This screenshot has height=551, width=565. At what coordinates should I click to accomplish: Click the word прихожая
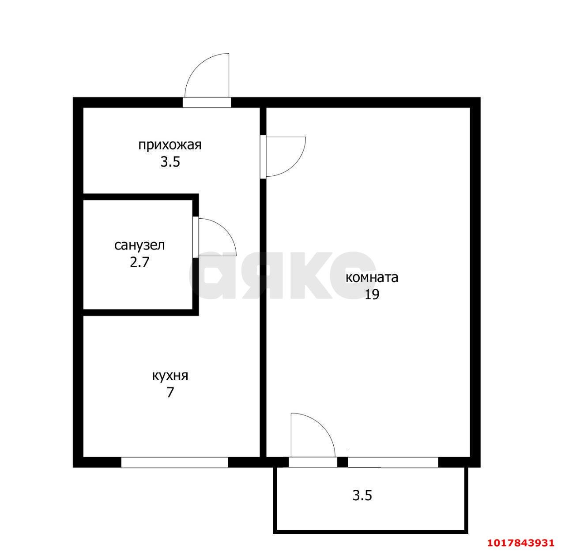(x=169, y=145)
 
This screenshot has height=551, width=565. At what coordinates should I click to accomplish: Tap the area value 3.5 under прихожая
(x=170, y=162)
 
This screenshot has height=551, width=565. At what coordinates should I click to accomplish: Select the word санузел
(x=139, y=246)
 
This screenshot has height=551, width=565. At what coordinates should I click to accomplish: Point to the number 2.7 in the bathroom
(x=139, y=262)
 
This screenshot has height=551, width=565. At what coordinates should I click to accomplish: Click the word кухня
(x=170, y=376)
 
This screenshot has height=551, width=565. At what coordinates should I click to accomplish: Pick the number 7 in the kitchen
(x=170, y=393)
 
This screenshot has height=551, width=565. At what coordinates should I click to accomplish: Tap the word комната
(x=372, y=278)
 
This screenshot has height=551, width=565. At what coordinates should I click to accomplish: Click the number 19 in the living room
(x=372, y=294)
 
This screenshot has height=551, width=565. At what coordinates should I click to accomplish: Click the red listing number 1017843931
(x=521, y=543)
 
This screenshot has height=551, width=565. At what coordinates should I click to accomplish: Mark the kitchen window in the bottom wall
(x=174, y=462)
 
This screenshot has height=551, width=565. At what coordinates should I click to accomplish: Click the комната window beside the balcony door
(x=393, y=462)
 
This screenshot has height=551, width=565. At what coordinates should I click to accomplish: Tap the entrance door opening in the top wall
(x=207, y=102)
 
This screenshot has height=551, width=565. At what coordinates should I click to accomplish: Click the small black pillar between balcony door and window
(x=342, y=462)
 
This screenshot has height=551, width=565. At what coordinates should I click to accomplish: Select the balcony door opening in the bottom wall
(x=313, y=462)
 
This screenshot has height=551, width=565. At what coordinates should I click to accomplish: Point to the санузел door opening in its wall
(x=196, y=237)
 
